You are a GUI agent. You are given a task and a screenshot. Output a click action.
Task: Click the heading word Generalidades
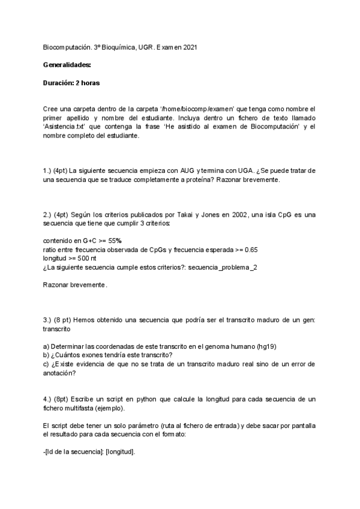[x=67, y=64]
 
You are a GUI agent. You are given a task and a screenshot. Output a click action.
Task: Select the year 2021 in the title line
[x=188, y=46]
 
